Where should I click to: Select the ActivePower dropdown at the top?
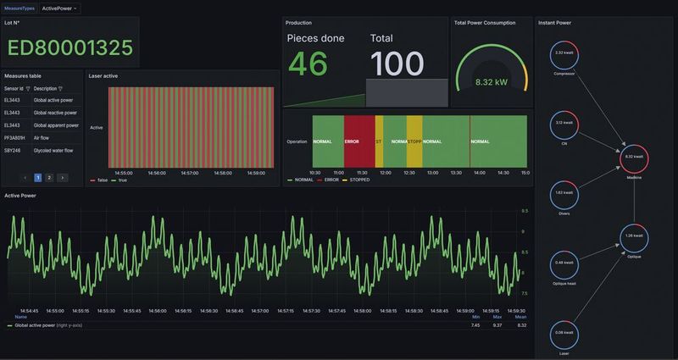[60, 8]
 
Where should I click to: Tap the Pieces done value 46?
[308, 64]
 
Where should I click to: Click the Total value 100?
[397, 64]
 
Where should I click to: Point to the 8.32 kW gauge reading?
[492, 83]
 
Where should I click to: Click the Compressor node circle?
[564, 53]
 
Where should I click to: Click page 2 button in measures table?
[49, 178]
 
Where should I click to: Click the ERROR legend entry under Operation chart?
[330, 180]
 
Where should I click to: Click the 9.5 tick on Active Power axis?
[524, 210]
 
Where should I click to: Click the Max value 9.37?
[497, 324]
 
